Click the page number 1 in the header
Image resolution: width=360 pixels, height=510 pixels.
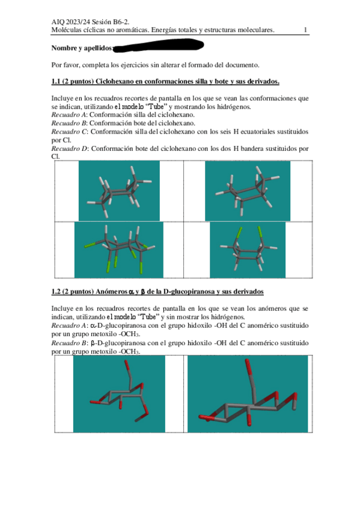tap(305, 30)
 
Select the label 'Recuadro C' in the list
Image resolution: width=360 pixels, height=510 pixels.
tap(69, 132)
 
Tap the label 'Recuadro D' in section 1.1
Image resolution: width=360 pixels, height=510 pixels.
tap(70, 149)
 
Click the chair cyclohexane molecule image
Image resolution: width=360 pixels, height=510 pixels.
tap(119, 191)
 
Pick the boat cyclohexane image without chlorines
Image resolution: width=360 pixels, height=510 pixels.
tap(248, 191)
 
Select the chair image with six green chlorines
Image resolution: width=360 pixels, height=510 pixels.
tap(119, 250)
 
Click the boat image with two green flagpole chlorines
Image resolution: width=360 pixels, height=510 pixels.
tap(248, 250)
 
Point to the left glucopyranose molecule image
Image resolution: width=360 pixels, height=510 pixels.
tap(119, 394)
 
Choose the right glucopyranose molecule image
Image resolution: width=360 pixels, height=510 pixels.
tap(248, 394)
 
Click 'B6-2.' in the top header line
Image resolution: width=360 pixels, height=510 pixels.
tap(121, 22)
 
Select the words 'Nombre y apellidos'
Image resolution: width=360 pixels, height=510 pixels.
tap(82, 48)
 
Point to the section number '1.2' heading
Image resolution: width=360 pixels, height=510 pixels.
tap(55, 292)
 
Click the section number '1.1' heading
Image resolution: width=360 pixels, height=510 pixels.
tap(55, 81)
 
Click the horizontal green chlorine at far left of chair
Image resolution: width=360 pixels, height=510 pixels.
tap(90, 245)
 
